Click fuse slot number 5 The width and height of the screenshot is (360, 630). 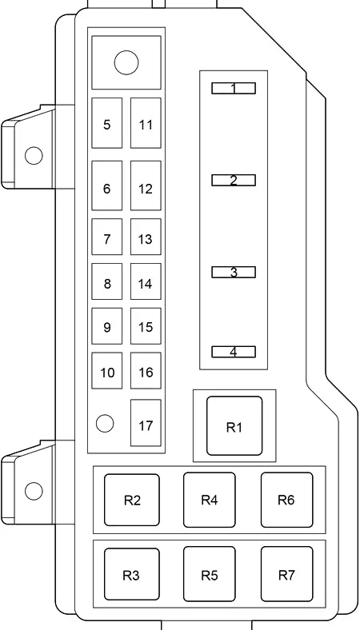point(106,123)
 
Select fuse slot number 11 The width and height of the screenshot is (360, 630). point(146,123)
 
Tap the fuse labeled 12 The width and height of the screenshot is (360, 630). point(146,185)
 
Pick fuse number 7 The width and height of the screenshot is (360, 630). point(106,237)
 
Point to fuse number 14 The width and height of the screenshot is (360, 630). point(146,281)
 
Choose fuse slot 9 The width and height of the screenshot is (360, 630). point(106,326)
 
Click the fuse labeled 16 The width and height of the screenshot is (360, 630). point(146,370)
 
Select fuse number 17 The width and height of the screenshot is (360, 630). point(146,423)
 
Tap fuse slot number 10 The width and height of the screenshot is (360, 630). point(106,370)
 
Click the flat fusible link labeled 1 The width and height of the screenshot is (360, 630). point(234,89)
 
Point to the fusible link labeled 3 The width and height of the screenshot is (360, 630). point(234,272)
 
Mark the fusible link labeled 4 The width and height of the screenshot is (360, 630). point(234,352)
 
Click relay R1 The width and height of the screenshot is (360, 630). point(234,426)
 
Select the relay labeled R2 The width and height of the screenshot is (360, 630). point(132,500)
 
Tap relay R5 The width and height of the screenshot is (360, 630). point(209,574)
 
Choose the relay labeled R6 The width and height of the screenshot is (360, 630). point(286,500)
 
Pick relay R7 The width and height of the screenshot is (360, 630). point(286,574)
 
